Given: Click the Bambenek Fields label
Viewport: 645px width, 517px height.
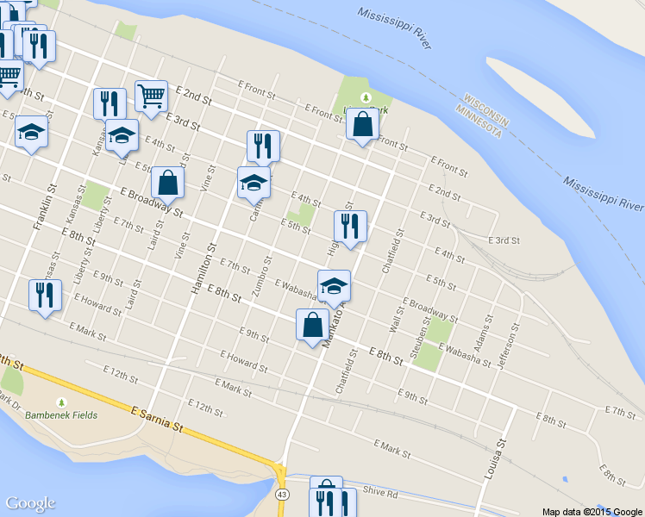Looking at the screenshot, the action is pos(60,415).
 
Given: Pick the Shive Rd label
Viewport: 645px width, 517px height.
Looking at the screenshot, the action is pos(379,493).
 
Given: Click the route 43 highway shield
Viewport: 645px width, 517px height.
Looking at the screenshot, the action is pos(282,495).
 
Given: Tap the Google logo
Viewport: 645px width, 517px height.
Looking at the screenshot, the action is pos(30,504).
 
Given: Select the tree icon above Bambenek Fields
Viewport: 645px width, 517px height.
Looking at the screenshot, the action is pos(60,402).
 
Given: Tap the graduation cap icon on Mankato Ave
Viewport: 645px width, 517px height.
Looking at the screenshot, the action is pos(335,284).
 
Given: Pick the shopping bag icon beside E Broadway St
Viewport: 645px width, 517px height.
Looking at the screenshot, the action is pos(167,182).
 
